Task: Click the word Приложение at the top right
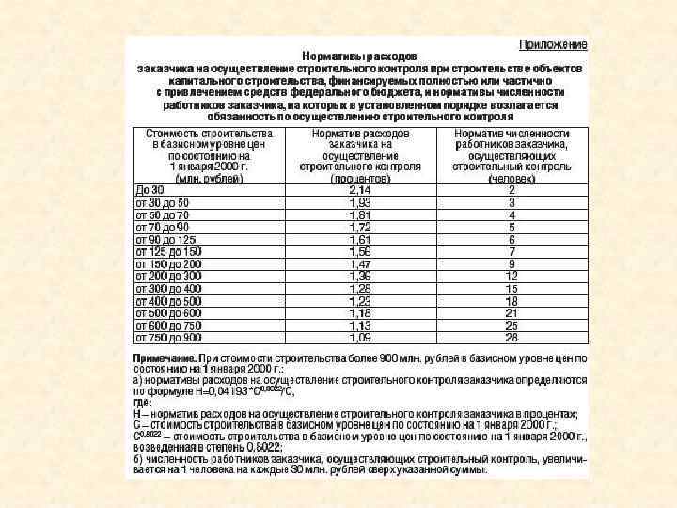[555, 45]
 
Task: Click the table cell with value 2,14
[360, 190]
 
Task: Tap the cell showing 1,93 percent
[360, 202]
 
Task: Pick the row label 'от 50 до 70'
[163, 214]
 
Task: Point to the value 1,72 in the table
[360, 227]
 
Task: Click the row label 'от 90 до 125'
[165, 239]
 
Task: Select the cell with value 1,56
[360, 252]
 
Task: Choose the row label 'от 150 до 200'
[168, 264]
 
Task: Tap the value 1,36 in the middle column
[360, 277]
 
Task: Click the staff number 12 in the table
[512, 277]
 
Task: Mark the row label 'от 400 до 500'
[168, 301]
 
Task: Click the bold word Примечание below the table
[164, 358]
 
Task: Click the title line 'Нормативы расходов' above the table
[360, 57]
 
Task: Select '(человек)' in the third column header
[512, 177]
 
